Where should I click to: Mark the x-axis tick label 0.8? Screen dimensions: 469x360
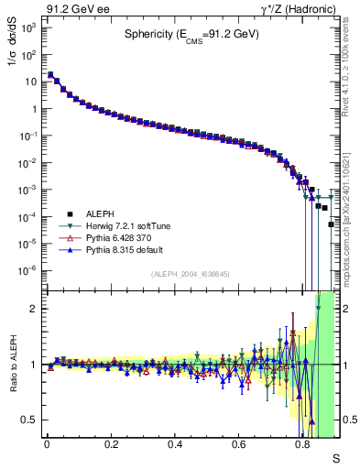click(x=303, y=444)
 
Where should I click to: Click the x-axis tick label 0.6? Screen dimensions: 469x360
click(x=239, y=444)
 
